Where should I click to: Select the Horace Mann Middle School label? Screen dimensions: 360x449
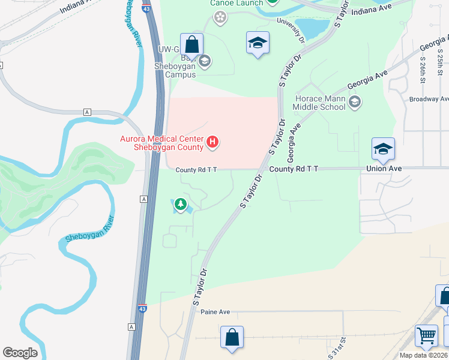point(319,103)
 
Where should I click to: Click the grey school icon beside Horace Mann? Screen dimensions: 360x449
point(354,101)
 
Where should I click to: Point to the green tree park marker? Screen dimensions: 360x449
point(180,205)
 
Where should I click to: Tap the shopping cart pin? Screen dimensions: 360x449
point(426,336)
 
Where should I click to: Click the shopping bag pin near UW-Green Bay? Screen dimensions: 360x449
point(191,44)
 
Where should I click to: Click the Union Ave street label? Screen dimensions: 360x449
point(384,169)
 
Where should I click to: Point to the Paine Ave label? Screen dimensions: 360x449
point(216,312)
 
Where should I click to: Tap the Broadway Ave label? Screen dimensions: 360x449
point(429,99)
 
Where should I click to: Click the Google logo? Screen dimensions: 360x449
point(20,353)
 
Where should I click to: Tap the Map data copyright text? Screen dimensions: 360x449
point(424,355)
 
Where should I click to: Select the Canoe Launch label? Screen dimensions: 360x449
point(236,3)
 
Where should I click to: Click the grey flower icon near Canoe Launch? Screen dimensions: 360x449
point(220,17)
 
